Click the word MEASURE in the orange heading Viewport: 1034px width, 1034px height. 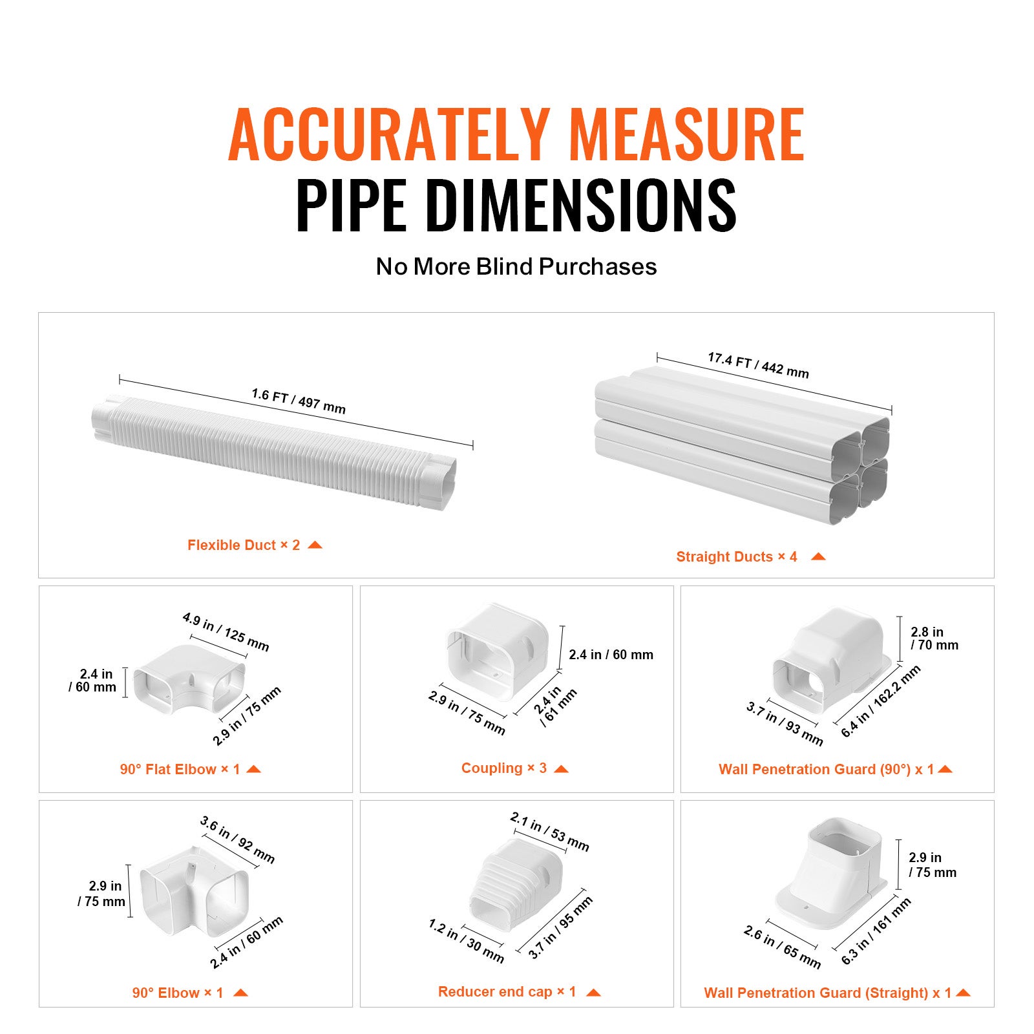pos(686,136)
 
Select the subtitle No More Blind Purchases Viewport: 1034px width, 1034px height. pos(516,266)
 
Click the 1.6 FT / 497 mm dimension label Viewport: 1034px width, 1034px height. pos(299,401)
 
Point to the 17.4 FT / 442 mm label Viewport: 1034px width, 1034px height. pos(758,365)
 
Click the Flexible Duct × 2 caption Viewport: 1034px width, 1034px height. pos(244,545)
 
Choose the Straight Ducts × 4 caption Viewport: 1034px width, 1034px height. pos(737,556)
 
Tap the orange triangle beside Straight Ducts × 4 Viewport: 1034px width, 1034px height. pos(818,556)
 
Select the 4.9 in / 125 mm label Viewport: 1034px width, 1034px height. pos(226,631)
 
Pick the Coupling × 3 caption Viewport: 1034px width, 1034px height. pos(504,768)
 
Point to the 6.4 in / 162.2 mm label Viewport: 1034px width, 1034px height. pos(880,702)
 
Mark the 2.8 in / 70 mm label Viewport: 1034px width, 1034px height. pos(934,638)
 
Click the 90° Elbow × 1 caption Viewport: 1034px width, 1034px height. pos(178,993)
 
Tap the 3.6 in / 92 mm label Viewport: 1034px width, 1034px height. pos(237,839)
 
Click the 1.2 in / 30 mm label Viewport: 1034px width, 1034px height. pos(466,941)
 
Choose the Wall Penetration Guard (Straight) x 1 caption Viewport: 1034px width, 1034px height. pos(827,993)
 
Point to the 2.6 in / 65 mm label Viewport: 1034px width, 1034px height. pos(782,947)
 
